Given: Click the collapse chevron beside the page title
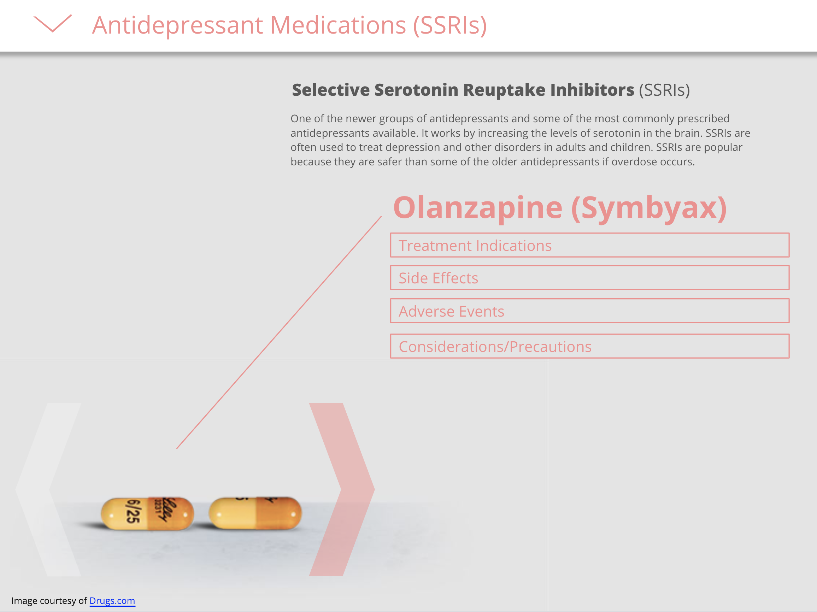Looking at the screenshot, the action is (x=53, y=23).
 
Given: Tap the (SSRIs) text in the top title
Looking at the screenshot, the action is (x=450, y=26).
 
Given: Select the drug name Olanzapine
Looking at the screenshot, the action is (x=478, y=207).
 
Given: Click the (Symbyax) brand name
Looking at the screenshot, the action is (x=649, y=208).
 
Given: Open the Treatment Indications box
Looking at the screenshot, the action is (x=589, y=245).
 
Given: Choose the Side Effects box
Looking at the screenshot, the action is (x=589, y=277).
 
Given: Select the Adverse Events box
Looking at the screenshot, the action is (x=589, y=311).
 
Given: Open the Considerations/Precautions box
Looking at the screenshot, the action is (x=589, y=346).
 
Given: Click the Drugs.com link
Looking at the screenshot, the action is (x=112, y=601).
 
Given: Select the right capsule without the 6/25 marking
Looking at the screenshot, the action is (x=255, y=513).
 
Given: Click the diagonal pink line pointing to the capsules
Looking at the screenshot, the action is (x=279, y=333).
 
